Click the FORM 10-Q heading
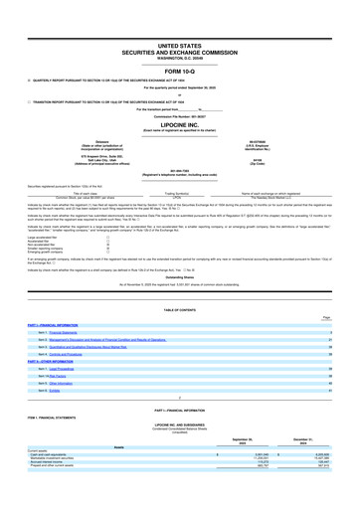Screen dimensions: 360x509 pyautogui.click(x=179, y=43)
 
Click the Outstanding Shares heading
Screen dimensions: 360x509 pyautogui.click(x=179, y=263)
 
